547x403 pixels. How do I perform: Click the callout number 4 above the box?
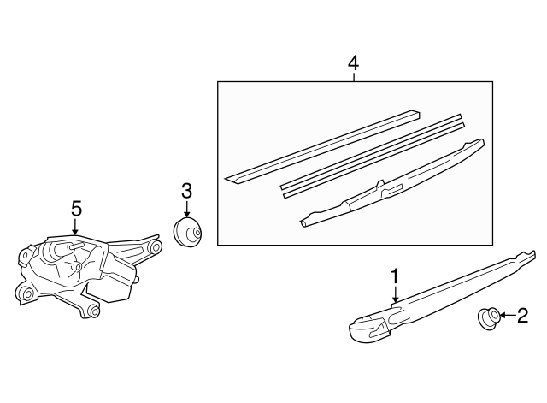[353, 63]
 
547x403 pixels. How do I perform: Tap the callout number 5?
[76, 209]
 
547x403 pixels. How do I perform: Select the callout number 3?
[186, 191]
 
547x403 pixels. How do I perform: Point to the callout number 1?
[395, 276]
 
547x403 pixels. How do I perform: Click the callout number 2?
[522, 316]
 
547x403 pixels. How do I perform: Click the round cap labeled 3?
[187, 232]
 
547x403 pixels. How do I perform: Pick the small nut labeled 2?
[488, 317]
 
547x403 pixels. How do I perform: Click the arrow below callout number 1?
[395, 293]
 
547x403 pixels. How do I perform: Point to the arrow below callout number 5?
[74, 226]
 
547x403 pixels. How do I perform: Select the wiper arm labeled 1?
[443, 296]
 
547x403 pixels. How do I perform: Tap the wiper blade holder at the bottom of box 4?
[392, 183]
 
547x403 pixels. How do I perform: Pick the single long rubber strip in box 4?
[321, 146]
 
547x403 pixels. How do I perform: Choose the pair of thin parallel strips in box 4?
[373, 156]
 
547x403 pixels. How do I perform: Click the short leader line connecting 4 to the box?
[353, 77]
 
